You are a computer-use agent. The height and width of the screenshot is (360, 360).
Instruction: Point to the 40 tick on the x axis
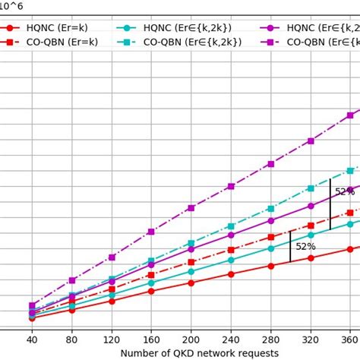click(32, 340)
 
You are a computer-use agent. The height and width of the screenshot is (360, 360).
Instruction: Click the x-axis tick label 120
click(112, 340)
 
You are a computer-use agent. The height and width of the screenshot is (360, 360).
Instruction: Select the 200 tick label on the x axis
click(191, 340)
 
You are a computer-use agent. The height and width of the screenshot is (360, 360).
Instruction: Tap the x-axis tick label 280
click(271, 340)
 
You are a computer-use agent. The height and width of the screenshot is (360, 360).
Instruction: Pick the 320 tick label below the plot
click(311, 340)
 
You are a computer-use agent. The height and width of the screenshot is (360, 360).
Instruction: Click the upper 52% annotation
click(345, 192)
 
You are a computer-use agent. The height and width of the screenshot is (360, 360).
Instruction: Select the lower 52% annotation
click(305, 246)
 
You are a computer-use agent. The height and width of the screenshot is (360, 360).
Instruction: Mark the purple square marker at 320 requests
click(311, 141)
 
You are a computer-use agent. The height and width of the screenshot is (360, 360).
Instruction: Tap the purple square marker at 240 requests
click(231, 186)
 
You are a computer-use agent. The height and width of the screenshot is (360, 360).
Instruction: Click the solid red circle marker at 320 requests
click(311, 258)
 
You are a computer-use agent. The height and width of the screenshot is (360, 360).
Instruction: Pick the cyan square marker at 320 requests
click(311, 188)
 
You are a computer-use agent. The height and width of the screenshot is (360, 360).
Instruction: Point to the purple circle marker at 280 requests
click(271, 220)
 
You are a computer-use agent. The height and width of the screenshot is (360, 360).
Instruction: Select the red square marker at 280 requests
click(271, 237)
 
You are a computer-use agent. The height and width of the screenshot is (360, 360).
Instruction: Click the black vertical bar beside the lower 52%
click(290, 247)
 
